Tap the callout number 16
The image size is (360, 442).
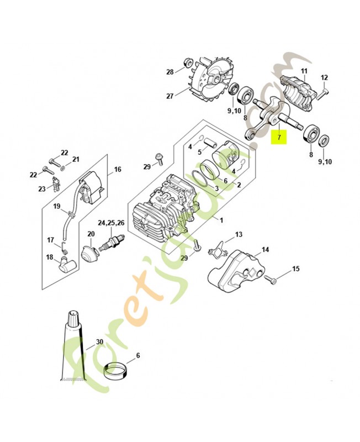click(118, 170)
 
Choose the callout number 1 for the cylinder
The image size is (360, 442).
click(221, 219)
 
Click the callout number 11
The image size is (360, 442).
click(303, 71)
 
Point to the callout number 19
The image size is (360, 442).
click(56, 206)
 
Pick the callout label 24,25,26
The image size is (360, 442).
click(111, 223)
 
